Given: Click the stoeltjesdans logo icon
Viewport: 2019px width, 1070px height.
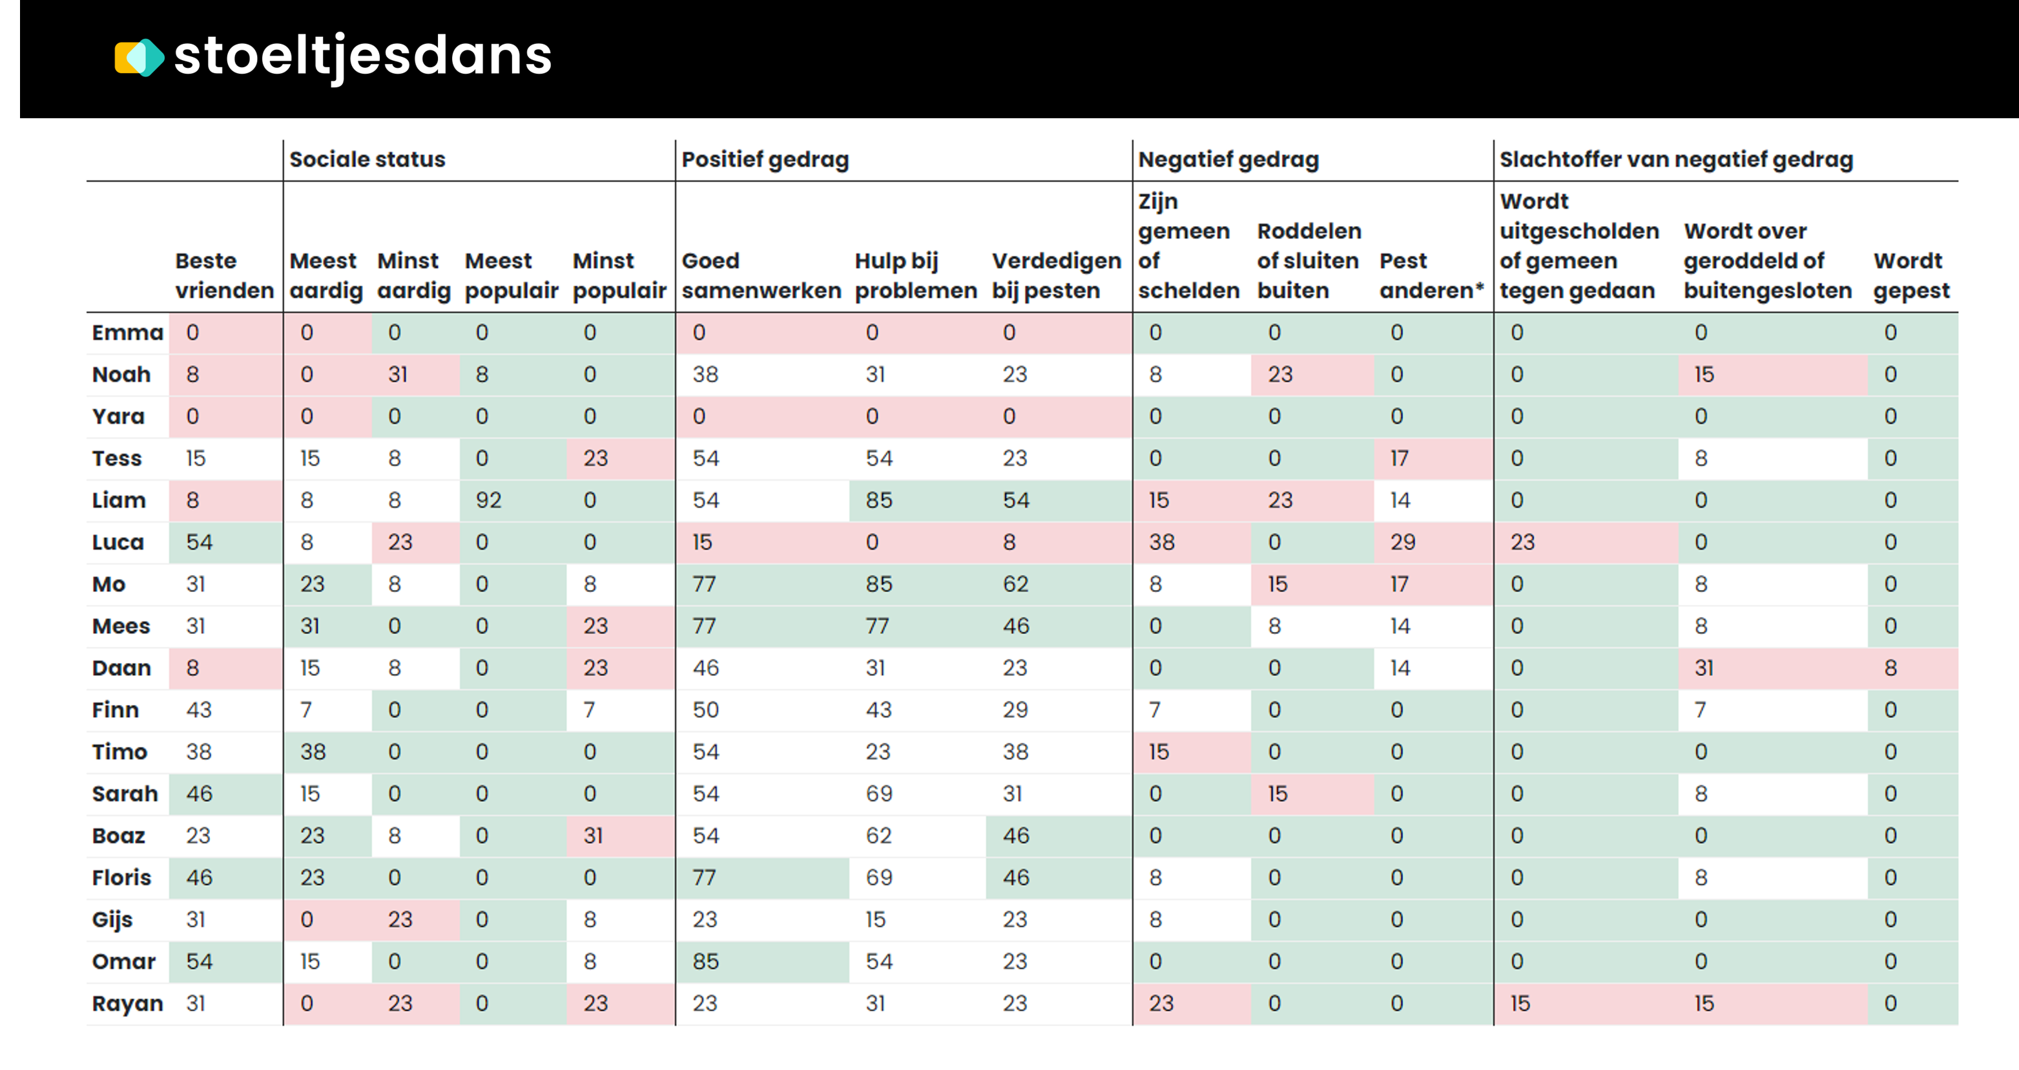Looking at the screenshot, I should pos(139,58).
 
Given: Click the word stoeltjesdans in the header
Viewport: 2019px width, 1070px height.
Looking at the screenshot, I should pos(362,56).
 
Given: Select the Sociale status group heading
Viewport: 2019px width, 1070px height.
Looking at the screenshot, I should pos(367,159).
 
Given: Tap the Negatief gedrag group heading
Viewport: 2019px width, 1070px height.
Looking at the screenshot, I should pos(1228,159).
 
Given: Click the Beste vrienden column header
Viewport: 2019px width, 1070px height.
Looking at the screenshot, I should pos(224,275).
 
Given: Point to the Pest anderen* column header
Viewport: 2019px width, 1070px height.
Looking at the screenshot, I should pos(1431,275).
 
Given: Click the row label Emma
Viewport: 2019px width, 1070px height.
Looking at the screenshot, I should pos(127,332).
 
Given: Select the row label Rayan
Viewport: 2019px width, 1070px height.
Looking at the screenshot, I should pos(127,1003).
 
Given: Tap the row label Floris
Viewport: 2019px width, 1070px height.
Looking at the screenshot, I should pos(121,877).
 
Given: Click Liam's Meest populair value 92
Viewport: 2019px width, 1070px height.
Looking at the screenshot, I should pos(488,500).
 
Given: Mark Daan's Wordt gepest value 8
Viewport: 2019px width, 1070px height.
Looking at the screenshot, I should pos(1890,668).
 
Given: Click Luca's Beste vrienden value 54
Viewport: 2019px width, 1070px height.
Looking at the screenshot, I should pos(199,543).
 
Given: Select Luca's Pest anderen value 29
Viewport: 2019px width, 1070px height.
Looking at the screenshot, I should pos(1402,543).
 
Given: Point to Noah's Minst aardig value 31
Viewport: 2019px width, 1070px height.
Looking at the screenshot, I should pos(398,375).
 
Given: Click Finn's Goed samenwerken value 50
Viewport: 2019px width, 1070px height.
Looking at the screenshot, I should pos(705,710).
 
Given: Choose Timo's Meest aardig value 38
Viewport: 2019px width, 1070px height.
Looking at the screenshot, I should pos(313,751).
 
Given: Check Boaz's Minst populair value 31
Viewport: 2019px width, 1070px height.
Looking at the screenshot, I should pos(594,835).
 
